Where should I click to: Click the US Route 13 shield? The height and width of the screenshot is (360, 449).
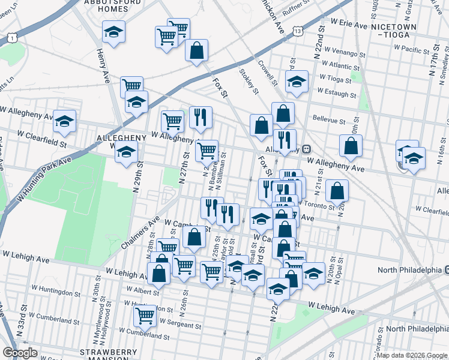tap(298, 29)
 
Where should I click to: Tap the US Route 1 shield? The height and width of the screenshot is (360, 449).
tap(11, 38)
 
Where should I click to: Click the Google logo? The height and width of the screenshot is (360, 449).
tap(20, 352)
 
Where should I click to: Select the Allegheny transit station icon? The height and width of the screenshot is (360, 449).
tap(306, 149)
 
